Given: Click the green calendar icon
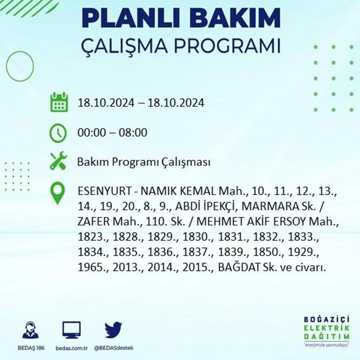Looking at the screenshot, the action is (59, 102).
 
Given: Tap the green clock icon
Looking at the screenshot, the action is (58, 133).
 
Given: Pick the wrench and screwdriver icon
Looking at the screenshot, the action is (58, 160).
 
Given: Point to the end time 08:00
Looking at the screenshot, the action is (133, 132).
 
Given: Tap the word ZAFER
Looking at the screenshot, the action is (94, 221).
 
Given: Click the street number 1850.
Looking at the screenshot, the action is (266, 252).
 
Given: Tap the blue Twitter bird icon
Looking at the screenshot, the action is (113, 330).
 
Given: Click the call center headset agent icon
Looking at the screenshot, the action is (31, 330).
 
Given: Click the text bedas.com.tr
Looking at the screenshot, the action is (71, 348).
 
